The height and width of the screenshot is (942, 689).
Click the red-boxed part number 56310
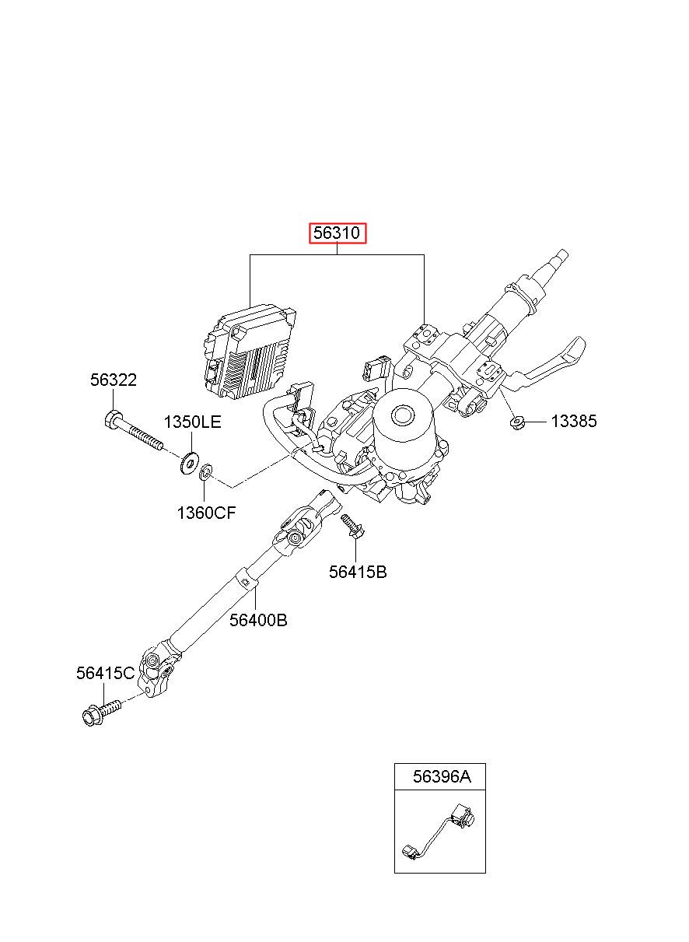click(338, 233)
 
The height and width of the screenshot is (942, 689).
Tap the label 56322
click(113, 380)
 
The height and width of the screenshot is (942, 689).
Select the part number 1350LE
click(192, 422)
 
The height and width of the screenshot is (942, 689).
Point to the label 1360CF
click(206, 513)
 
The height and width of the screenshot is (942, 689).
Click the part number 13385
click(574, 421)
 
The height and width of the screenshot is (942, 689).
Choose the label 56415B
click(358, 572)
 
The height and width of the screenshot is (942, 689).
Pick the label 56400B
click(258, 620)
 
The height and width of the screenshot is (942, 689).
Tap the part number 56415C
click(105, 674)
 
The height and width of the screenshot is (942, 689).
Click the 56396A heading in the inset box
click(442, 776)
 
